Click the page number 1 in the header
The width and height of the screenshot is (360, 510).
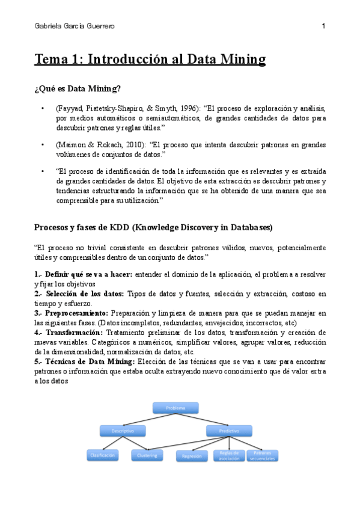click(x=323, y=26)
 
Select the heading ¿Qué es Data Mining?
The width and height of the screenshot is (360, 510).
click(x=78, y=89)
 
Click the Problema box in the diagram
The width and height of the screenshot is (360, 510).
click(x=175, y=408)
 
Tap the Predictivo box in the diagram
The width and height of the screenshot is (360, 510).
click(x=229, y=431)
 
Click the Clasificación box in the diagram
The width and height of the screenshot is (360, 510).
click(x=104, y=456)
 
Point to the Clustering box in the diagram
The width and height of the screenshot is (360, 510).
click(x=147, y=456)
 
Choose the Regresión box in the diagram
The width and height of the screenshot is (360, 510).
click(x=192, y=456)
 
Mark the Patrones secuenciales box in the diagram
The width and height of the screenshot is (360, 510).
click(x=264, y=455)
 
